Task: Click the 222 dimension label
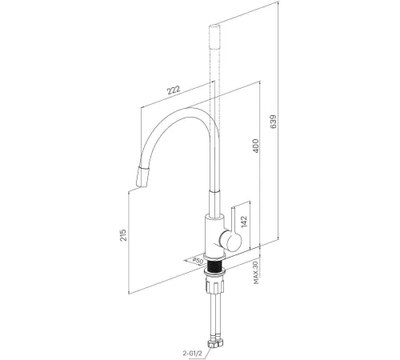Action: coord(174,90)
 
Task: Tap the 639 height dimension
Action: coord(274,122)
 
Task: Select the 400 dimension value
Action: coord(255,146)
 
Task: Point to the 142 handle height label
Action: coord(244,222)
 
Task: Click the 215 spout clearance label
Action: coord(123,235)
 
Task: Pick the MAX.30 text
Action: coord(256,273)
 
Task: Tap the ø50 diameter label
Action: coord(198,261)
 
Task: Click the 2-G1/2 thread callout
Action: coord(193,354)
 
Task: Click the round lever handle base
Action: coord(230,240)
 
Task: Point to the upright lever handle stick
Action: coord(233,218)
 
